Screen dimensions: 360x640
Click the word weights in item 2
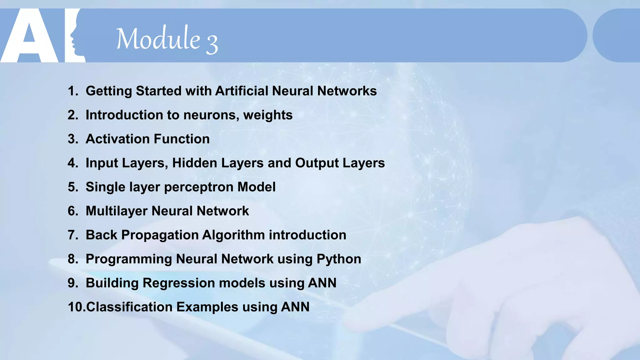pyautogui.click(x=268, y=115)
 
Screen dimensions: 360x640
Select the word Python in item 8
pyautogui.click(x=339, y=259)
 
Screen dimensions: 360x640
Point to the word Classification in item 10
pyautogui.click(x=129, y=307)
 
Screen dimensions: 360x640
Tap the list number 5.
pyautogui.click(x=72, y=187)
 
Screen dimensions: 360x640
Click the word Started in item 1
pyautogui.click(x=158, y=91)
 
